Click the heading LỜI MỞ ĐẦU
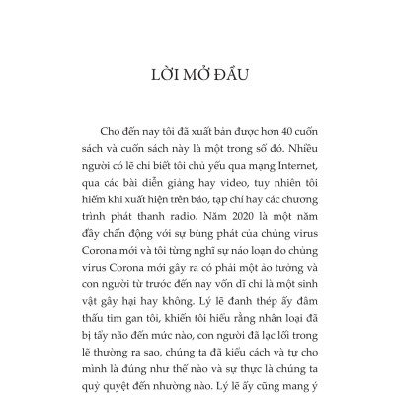(197, 74)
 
